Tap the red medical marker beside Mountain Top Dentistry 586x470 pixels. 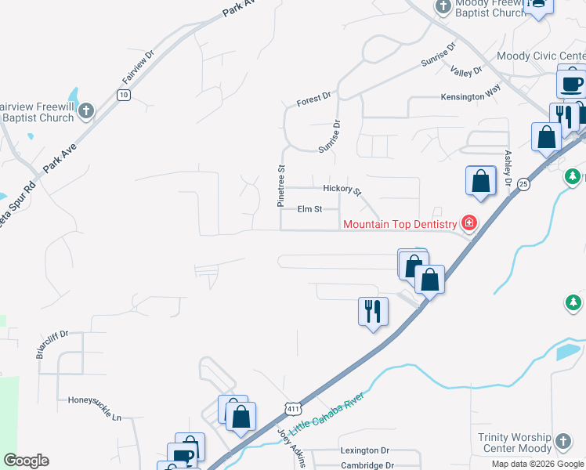click(x=469, y=223)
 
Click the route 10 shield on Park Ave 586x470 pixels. click(x=123, y=94)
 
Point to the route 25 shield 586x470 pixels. click(x=523, y=184)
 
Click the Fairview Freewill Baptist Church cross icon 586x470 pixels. click(x=86, y=111)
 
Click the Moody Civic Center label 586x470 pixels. click(x=541, y=56)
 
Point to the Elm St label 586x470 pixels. click(x=310, y=209)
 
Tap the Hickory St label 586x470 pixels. click(x=342, y=190)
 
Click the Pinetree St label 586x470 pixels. click(x=281, y=186)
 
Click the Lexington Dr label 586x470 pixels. click(x=364, y=450)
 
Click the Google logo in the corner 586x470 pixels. click(x=26, y=461)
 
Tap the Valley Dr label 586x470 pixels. click(x=467, y=71)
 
